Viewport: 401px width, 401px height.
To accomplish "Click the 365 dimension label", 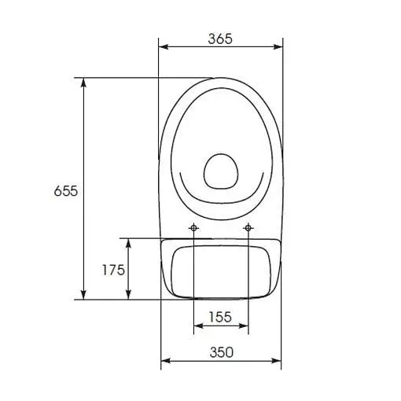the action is click(220, 39).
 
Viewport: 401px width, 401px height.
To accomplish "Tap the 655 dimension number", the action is click(66, 191).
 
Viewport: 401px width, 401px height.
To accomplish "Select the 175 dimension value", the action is click(113, 270).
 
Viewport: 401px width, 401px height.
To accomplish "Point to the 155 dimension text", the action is click(220, 317).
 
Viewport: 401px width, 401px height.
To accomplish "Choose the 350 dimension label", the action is click(221, 352).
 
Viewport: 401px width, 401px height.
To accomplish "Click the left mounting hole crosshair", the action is click(193, 228).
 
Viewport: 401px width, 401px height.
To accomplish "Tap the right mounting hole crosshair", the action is click(248, 228).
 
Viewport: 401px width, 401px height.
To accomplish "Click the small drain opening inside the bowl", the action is click(221, 171).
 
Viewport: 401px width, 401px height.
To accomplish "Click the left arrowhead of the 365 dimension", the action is click(164, 47).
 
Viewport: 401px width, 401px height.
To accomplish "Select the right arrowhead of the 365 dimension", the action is click(278, 47).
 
